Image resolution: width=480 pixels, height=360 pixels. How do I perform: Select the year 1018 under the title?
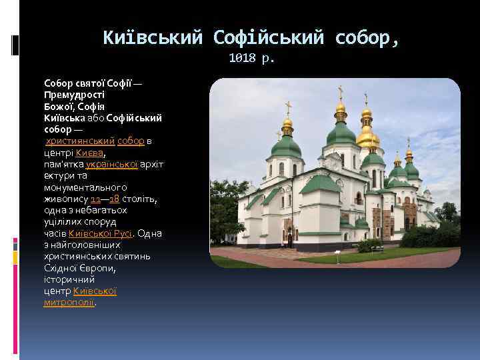[242, 58]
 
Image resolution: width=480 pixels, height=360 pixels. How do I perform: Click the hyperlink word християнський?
[81, 141]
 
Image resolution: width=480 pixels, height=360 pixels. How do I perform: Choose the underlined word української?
[112, 164]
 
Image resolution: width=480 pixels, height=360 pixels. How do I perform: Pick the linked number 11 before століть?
[95, 199]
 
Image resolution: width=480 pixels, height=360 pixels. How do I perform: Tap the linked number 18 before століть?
[114, 199]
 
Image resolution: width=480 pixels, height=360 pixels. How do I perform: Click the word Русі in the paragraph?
[122, 233]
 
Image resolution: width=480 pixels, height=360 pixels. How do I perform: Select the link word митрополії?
[69, 302]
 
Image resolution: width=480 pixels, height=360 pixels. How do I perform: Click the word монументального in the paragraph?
[85, 187]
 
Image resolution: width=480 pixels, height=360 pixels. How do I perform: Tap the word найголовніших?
[73, 245]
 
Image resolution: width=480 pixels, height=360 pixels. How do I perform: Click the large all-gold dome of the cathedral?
[367, 137]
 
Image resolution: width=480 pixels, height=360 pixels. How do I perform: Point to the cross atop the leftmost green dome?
[288, 107]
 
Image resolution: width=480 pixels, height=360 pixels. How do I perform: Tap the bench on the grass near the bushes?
[377, 249]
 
